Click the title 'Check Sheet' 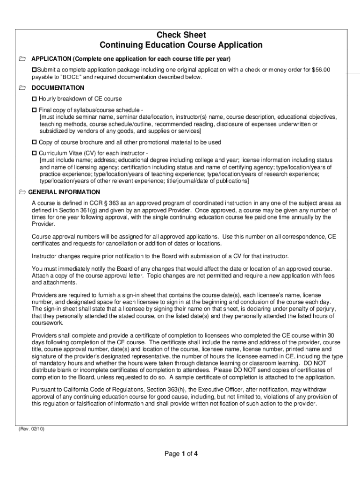181,35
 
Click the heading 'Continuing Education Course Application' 181,45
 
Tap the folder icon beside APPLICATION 22,59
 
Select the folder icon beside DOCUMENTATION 22,88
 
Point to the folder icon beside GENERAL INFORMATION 22,192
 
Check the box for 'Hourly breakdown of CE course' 34,99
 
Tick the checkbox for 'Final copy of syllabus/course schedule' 34,109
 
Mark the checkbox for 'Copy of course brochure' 34,142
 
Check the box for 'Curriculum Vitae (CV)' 34,153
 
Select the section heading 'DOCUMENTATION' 58,88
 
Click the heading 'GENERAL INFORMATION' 64,192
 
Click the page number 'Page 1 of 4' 181,453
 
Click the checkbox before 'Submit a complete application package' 34,70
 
